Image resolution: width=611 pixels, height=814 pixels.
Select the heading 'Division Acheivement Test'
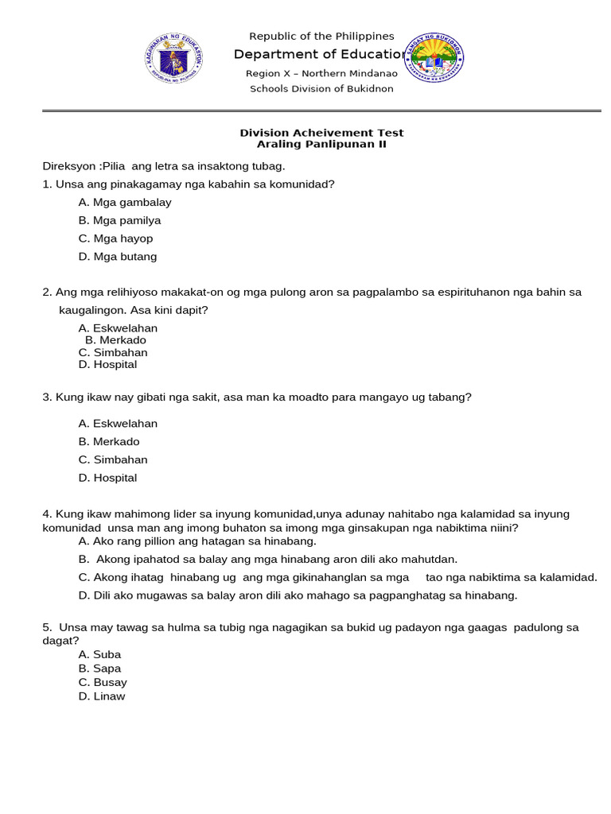[321, 133]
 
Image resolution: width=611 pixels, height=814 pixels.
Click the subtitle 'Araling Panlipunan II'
[321, 144]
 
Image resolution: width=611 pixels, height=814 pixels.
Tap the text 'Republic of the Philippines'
[321, 36]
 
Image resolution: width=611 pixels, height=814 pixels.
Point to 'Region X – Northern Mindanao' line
[321, 73]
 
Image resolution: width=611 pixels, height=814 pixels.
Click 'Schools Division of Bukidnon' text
[321, 88]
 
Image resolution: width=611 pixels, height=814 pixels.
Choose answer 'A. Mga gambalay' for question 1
[125, 203]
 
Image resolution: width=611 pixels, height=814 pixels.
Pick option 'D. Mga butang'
[118, 257]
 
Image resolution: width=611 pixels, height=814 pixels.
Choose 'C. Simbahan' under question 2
[113, 352]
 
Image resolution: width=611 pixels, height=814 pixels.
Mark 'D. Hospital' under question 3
[107, 478]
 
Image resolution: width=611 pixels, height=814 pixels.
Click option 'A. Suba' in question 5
[99, 654]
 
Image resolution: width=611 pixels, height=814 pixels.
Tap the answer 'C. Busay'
[103, 682]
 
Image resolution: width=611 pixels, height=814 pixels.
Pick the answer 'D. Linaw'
[102, 696]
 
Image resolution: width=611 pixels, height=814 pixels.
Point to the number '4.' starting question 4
[47, 514]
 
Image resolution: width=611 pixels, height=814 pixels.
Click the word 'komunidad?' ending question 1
[305, 184]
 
